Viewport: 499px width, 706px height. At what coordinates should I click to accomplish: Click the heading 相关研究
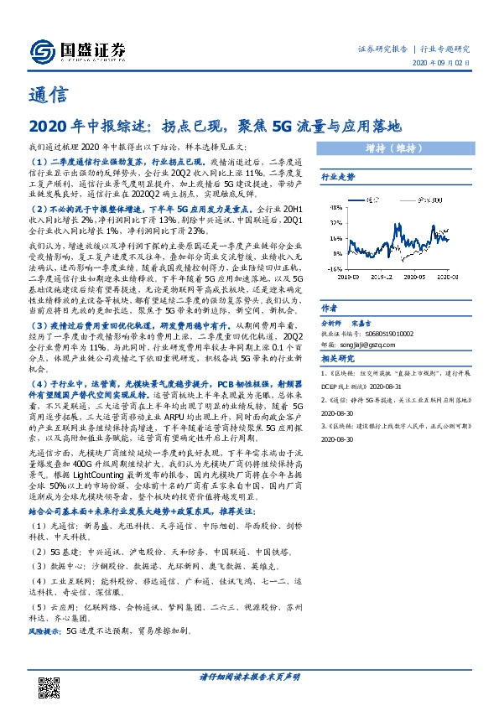click(338, 360)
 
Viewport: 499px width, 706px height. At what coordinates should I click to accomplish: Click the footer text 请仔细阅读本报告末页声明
click(249, 676)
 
